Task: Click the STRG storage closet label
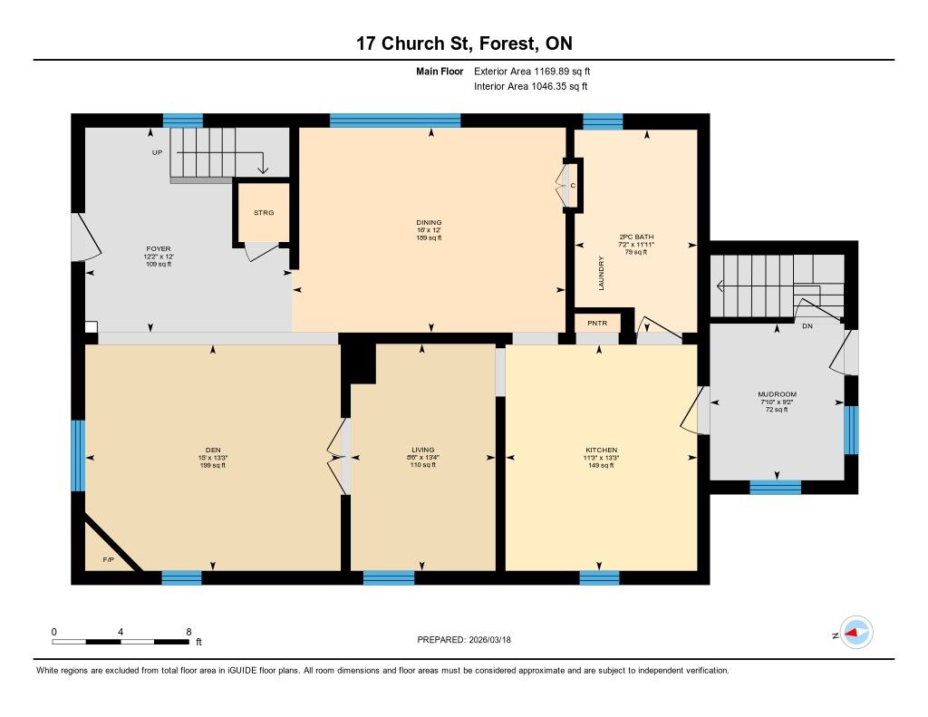coord(264,212)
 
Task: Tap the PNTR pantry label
coord(597,324)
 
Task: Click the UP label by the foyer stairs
coord(157,152)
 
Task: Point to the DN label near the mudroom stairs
coord(807,326)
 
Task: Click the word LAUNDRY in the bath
coord(602,273)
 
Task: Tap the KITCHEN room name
coord(602,450)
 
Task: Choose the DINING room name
coord(429,223)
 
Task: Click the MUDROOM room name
coord(777,394)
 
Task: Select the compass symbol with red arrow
coord(856,633)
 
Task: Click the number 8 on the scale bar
coord(188,632)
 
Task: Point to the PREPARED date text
coord(464,640)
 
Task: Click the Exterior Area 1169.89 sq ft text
coord(532,71)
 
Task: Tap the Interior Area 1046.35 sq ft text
coord(531,86)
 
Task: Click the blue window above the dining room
coord(395,121)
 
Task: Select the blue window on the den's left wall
coord(78,456)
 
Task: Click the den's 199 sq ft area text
coord(213,465)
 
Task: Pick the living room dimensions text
coord(422,458)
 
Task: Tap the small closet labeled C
coord(573,186)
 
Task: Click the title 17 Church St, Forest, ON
coord(464,44)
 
